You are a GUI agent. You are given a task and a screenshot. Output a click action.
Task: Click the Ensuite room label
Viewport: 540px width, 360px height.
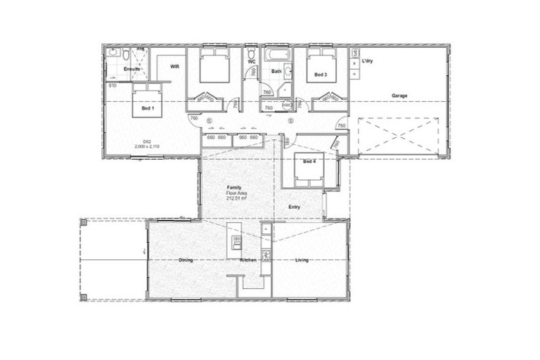(x=131, y=70)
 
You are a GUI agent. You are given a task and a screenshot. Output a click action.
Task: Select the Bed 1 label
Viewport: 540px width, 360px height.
(x=147, y=109)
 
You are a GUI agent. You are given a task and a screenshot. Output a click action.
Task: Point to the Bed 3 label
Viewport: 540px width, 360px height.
(x=320, y=75)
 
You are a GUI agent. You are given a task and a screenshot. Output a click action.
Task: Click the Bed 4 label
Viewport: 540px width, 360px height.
(x=309, y=162)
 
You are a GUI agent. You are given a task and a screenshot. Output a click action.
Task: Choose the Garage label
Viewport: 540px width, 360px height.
(x=399, y=96)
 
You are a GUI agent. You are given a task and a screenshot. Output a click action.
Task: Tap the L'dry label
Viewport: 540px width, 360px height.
(x=366, y=61)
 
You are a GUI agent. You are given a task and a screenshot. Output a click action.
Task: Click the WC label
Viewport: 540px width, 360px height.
(x=252, y=61)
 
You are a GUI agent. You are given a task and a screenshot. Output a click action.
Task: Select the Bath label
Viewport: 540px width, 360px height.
(x=277, y=72)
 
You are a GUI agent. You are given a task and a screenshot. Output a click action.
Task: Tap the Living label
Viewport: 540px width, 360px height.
(x=302, y=260)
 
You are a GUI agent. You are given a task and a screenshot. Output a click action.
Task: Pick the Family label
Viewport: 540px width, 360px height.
(x=233, y=187)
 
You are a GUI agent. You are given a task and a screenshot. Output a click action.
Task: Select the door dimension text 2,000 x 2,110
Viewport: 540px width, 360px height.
(x=148, y=146)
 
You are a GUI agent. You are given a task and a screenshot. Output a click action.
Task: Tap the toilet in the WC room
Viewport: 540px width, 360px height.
(x=252, y=53)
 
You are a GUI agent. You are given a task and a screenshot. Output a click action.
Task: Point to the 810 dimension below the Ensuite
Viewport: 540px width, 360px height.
(x=112, y=85)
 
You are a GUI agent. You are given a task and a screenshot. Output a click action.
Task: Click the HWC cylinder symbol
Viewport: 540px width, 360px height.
(x=287, y=106)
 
